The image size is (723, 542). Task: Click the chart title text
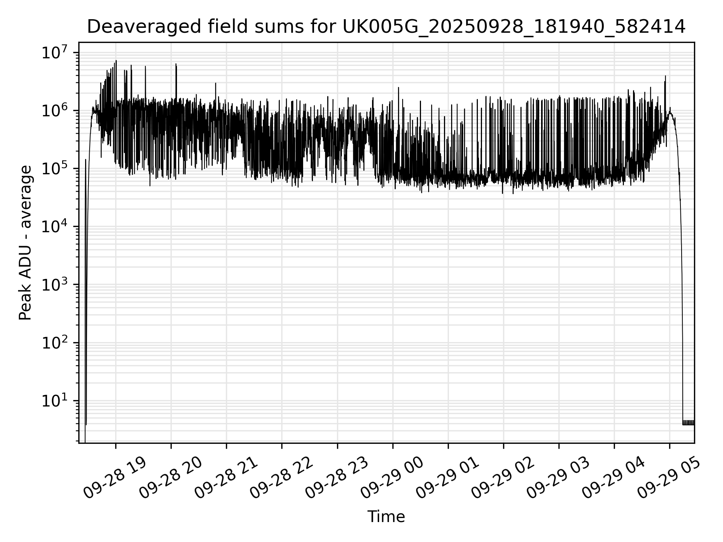(386, 27)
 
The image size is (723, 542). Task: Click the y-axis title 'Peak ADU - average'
(25, 243)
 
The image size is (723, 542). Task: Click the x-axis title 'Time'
(386, 517)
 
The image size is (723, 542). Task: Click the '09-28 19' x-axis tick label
(114, 478)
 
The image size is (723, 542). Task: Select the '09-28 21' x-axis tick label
(226, 478)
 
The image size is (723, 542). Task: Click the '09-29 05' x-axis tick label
(668, 478)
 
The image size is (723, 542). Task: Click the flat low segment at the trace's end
(688, 423)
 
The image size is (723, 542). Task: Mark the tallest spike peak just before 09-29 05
(665, 76)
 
